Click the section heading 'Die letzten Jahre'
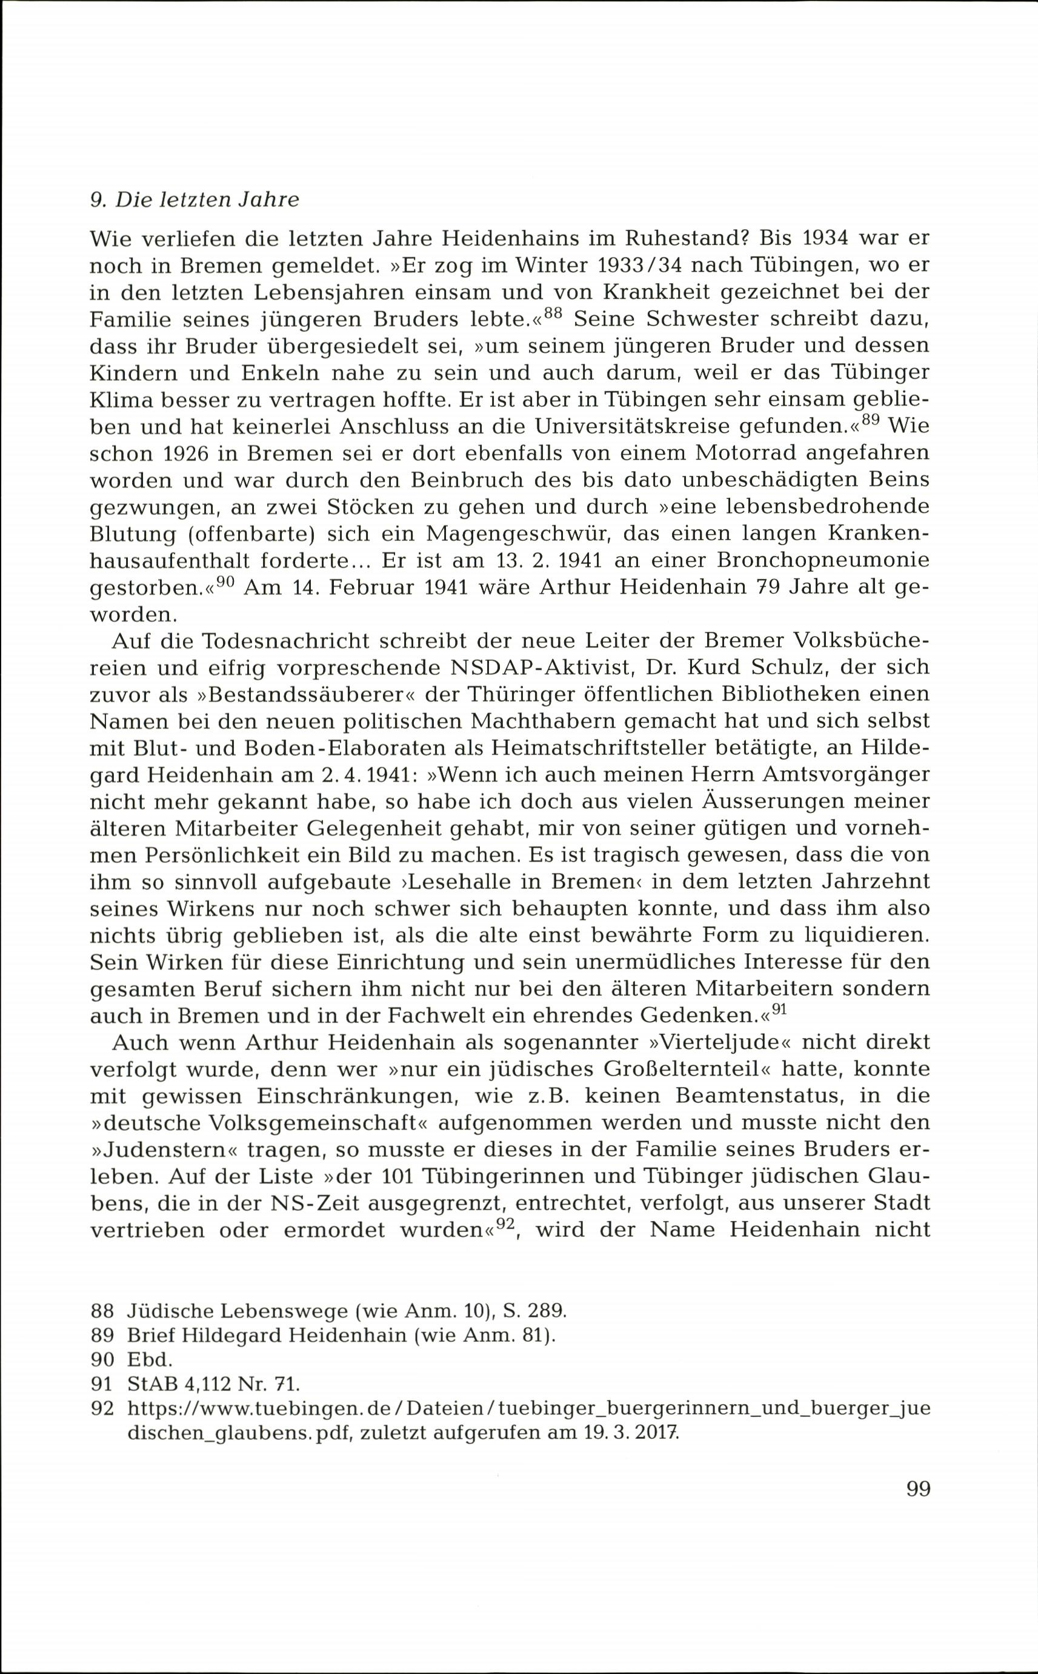tap(207, 200)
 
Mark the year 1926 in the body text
tap(200, 454)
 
